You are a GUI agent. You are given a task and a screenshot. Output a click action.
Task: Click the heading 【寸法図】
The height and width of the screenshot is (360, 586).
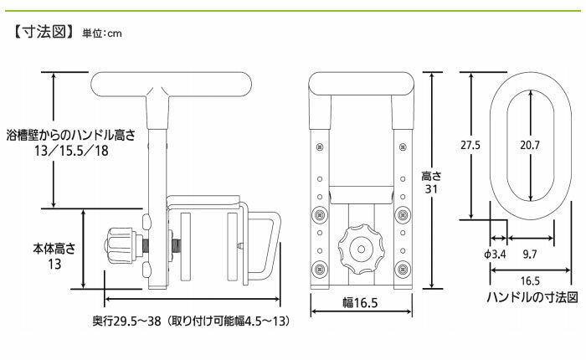click(43, 34)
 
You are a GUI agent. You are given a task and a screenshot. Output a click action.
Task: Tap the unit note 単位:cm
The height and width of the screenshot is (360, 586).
click(102, 36)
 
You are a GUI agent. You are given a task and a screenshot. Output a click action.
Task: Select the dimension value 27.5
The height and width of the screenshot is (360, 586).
click(470, 145)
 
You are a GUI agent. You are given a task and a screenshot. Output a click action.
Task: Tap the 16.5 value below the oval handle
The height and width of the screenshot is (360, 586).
click(530, 280)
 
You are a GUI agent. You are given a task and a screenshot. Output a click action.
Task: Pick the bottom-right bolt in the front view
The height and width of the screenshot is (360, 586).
click(404, 270)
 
